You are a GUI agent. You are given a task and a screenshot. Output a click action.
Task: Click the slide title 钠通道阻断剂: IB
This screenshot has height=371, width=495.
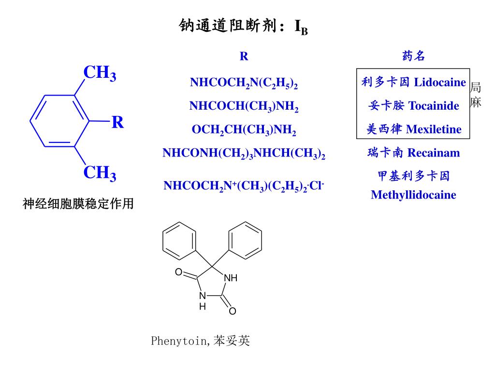[244, 26]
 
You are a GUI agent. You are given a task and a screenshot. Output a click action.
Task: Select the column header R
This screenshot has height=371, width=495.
[244, 57]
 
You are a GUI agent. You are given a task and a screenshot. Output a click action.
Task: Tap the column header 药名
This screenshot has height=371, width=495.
[413, 57]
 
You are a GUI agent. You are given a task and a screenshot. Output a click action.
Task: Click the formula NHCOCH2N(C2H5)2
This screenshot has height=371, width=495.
[244, 83]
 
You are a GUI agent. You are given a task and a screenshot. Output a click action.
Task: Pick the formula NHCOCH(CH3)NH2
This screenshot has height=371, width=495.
[244, 106]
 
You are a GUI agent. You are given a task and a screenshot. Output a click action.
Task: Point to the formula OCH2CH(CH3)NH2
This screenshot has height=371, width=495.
[244, 130]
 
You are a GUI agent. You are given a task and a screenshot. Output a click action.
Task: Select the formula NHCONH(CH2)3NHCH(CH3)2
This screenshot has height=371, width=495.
[244, 154]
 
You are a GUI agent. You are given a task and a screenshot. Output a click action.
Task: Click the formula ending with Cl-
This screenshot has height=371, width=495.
[244, 186]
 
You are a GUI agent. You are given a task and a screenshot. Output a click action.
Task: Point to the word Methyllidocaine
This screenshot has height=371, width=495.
[413, 195]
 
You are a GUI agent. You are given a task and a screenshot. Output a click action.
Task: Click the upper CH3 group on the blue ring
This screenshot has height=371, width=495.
[100, 73]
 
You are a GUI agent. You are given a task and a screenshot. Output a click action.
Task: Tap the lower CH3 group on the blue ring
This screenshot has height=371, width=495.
[100, 172]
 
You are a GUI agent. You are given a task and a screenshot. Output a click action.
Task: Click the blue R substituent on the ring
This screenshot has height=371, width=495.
[117, 123]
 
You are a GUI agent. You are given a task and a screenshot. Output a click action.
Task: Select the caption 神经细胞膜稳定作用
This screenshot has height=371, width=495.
[78, 204]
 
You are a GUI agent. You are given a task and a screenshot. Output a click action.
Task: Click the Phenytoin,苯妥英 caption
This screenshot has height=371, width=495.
[201, 341]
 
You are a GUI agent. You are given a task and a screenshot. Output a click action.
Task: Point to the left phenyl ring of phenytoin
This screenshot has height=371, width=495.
[179, 240]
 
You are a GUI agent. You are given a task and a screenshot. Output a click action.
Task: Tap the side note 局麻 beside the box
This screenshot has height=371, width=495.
[476, 95]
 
